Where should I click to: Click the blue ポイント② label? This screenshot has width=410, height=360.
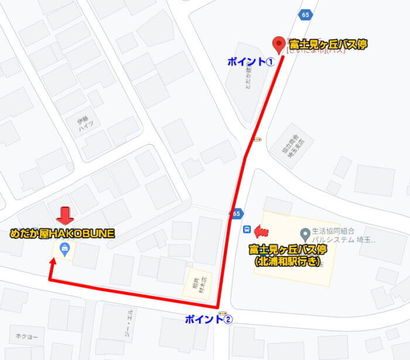[x=209, y=320]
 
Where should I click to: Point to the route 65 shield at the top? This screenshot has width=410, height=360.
[x=305, y=14]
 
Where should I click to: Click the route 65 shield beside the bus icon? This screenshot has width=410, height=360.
[x=236, y=214]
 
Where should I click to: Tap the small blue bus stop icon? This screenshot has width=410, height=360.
[x=247, y=229]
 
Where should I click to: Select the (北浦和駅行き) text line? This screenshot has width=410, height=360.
[x=287, y=262]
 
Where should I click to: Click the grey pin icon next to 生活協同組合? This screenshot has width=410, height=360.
[x=305, y=233]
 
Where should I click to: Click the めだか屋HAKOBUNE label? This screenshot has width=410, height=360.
[x=62, y=233]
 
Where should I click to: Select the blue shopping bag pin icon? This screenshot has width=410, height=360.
[x=63, y=249]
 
